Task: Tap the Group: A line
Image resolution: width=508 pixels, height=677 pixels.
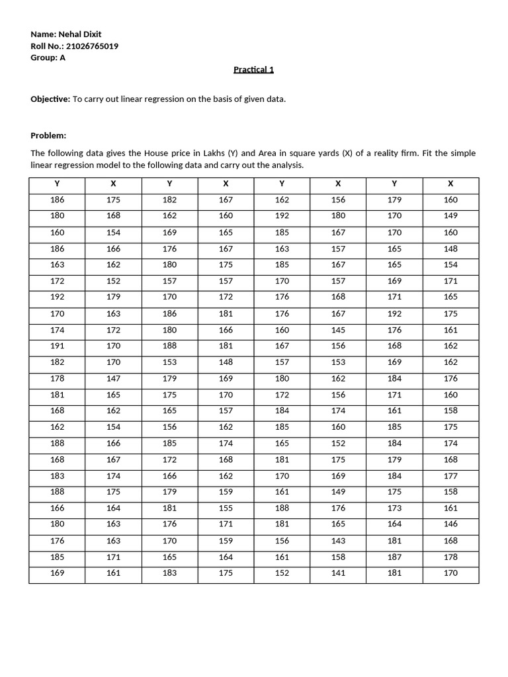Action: pos(48,58)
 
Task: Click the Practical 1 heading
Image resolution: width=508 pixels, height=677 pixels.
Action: pos(253,69)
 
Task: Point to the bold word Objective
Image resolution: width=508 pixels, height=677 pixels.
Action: pos(50,99)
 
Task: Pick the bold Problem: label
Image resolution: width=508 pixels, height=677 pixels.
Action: pos(49,136)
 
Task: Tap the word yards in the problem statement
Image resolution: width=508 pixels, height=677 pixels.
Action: pos(321,153)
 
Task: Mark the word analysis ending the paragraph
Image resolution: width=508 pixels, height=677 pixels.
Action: pos(287,165)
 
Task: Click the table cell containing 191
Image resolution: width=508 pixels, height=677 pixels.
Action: pos(57,345)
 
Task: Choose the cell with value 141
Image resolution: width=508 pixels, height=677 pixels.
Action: pos(338,573)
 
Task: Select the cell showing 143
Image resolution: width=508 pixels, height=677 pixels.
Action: pos(338,541)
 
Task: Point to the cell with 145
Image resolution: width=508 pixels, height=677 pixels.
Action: pos(338,329)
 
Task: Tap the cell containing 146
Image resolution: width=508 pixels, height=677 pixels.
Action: pos(450,524)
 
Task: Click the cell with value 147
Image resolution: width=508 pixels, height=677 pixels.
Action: pos(113,378)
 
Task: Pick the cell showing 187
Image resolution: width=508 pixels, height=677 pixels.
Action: pos(394,557)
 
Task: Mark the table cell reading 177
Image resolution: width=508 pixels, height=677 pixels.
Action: pos(450,475)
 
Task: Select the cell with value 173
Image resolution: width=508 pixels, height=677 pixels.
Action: pos(394,508)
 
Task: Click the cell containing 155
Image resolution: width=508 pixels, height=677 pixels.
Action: pos(226,508)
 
